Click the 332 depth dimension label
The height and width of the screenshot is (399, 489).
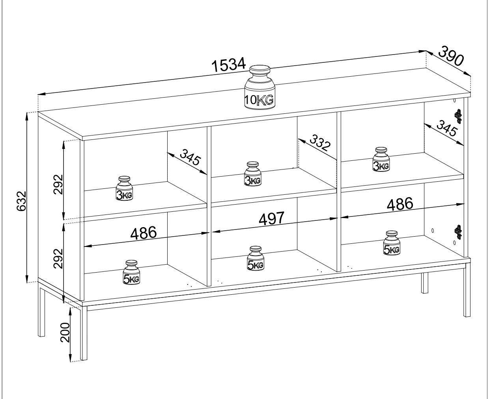[x=319, y=143]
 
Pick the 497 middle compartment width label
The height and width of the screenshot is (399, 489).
[x=271, y=218]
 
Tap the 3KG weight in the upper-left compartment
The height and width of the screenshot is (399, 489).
[x=124, y=188]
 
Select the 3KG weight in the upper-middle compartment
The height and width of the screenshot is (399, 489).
[x=253, y=174]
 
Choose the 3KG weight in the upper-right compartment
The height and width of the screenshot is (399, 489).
[x=381, y=160]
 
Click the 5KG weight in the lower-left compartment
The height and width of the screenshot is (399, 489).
[x=131, y=273]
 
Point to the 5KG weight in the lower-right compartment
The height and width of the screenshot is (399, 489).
[x=391, y=243]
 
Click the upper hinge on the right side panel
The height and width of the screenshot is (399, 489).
[x=457, y=115]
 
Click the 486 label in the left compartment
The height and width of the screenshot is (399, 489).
[x=144, y=233]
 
